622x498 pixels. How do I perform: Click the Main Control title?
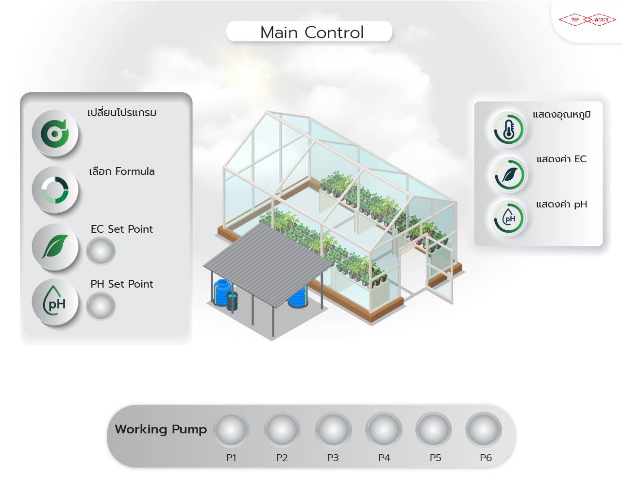311,32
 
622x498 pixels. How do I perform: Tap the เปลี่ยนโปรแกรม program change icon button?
55,133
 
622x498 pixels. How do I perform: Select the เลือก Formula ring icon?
55,189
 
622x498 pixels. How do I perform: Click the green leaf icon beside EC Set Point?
55,246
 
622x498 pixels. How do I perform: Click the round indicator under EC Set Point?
101,251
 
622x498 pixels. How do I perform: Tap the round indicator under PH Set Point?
101,307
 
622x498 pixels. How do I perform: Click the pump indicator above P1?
231,430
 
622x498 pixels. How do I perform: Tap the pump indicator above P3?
333,430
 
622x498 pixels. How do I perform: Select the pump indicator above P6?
484,430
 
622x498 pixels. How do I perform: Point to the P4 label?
384,458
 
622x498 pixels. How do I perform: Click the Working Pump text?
161,429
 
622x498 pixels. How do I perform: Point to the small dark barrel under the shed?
232,302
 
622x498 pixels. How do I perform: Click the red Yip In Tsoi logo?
588,19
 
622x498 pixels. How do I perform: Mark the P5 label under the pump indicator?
436,458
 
